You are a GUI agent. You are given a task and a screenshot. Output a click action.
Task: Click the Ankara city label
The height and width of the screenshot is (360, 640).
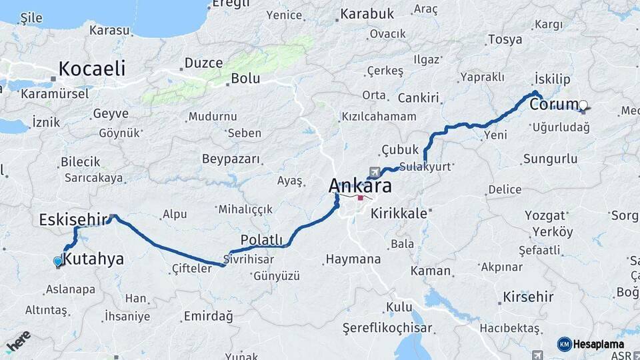(x=360, y=185)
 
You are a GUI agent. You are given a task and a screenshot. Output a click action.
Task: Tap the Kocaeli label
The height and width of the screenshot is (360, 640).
(x=92, y=68)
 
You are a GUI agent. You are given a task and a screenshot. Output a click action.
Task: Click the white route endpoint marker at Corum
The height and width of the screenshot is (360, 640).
(x=583, y=105)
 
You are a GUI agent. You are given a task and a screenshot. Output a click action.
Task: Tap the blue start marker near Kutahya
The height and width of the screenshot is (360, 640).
(x=58, y=262)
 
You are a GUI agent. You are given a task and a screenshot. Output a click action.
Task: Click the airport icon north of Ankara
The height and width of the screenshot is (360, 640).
(x=372, y=171)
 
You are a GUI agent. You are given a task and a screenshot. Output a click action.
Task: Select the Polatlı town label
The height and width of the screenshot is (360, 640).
(x=261, y=240)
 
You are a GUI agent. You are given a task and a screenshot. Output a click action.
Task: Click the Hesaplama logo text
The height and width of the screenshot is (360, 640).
(x=599, y=344)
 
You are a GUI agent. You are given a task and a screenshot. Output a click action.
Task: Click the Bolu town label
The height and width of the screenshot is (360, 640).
(x=245, y=79)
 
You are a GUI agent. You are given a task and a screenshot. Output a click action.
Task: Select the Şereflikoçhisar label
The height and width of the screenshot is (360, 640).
(x=387, y=328)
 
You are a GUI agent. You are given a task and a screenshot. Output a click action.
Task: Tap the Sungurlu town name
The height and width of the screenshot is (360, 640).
(x=550, y=159)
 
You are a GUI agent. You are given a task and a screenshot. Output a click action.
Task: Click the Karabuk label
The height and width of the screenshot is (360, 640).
(x=368, y=13)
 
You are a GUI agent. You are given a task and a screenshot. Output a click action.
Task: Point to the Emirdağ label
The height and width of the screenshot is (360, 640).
(x=209, y=316)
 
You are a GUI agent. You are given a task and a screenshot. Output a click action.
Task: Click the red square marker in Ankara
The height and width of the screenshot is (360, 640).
(x=361, y=197)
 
